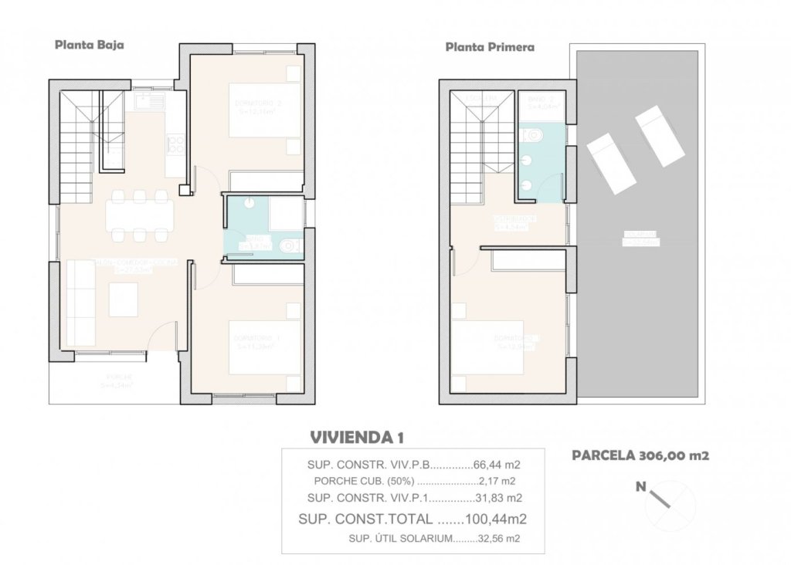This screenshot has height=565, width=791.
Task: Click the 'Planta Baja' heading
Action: click(89, 45)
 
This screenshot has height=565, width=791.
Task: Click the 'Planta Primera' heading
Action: click(490, 47)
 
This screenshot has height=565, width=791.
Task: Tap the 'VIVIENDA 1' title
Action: click(357, 438)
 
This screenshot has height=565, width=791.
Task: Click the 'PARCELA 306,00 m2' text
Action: click(640, 455)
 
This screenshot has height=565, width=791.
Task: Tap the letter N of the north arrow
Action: click(640, 486)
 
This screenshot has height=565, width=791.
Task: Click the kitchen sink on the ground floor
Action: click(148, 100)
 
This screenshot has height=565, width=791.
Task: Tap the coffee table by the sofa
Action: click(124, 299)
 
